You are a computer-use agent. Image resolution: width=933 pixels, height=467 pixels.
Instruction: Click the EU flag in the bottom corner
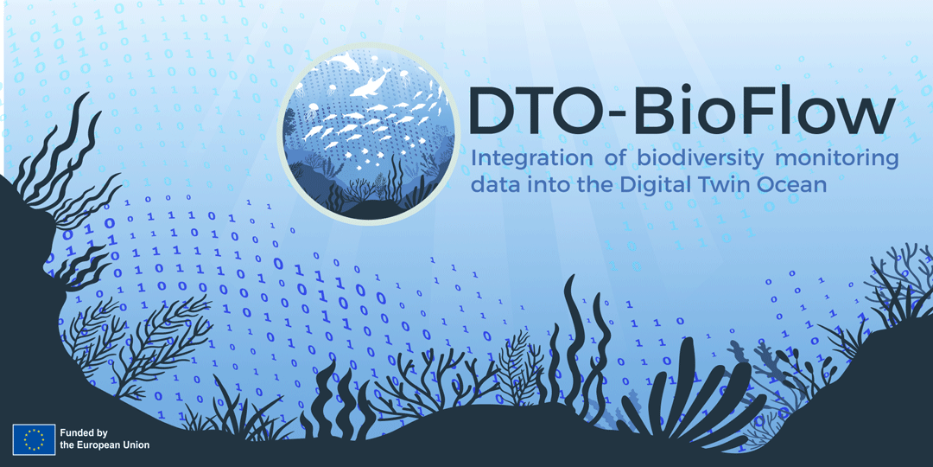pyautogui.click(x=34, y=439)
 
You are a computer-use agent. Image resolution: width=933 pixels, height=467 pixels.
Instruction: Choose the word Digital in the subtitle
pyautogui.click(x=647, y=184)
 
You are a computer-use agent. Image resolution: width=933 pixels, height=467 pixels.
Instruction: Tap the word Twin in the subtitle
pyautogui.click(x=716, y=184)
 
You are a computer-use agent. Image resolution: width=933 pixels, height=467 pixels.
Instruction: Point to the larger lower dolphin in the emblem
pyautogui.click(x=371, y=84)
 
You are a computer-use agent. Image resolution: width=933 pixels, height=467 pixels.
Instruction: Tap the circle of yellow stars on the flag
pyautogui.click(x=34, y=439)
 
